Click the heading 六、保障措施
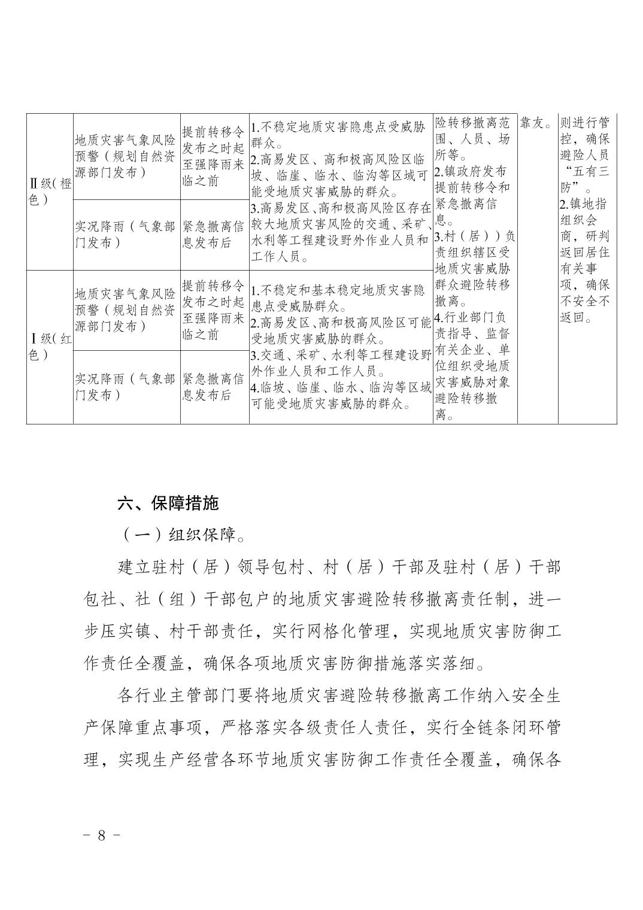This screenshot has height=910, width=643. pos(168,503)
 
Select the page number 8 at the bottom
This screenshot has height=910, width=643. pos(101,835)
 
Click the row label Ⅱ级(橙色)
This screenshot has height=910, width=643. pos(50,192)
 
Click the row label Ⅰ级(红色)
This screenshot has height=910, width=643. pos(50,347)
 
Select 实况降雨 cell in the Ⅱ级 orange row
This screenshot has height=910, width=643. pos(126,235)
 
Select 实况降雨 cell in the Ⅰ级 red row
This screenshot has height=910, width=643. pos(126,387)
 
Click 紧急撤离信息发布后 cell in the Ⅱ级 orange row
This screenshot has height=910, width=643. pos(214,235)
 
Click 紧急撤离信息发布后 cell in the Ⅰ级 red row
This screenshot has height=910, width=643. pos(214,387)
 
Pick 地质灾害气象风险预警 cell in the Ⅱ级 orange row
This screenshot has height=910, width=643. pos(126,156)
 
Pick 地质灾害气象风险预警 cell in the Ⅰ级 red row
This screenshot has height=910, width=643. pos(126,310)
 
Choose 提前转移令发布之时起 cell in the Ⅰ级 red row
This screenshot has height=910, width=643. pos(214,310)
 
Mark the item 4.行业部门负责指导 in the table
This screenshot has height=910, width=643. pos(473,318)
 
